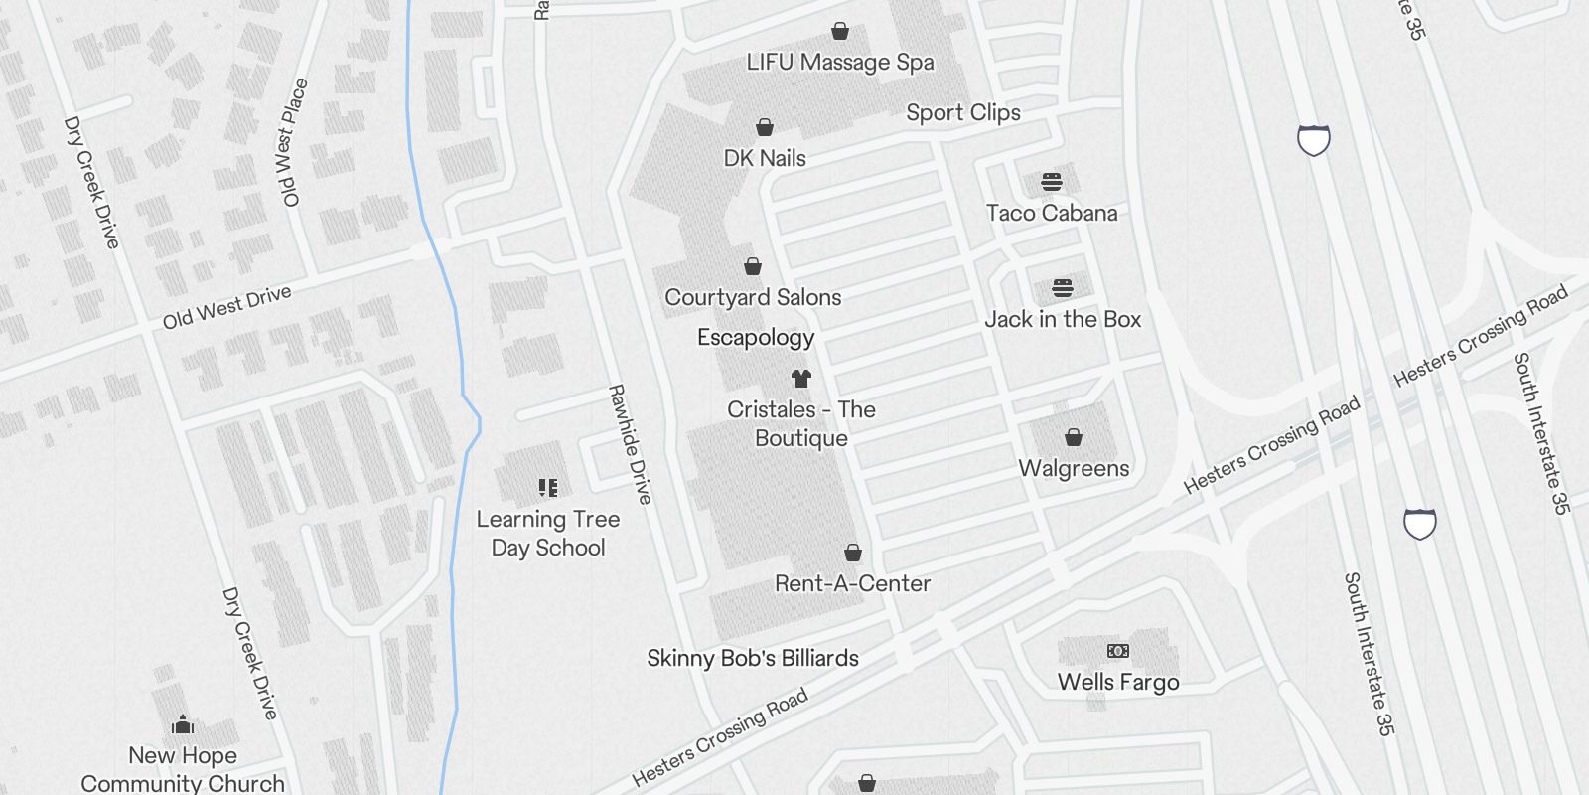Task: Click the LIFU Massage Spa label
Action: (840, 63)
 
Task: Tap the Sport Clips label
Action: (962, 113)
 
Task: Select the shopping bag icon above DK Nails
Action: (765, 127)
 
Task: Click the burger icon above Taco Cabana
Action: (1052, 182)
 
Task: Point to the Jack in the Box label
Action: (1063, 320)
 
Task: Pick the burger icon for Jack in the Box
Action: (1063, 288)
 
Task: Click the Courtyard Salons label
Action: (753, 297)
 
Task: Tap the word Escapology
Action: (756, 338)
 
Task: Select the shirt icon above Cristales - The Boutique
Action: (801, 378)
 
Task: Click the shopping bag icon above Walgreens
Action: (1074, 437)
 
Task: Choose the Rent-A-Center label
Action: (852, 583)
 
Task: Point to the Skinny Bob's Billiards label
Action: (753, 658)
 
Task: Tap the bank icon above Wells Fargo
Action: (1118, 651)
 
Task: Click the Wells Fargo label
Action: (1118, 682)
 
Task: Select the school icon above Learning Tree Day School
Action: (548, 488)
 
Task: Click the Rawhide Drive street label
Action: (631, 444)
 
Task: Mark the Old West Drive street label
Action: (227, 307)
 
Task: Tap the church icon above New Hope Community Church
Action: (182, 724)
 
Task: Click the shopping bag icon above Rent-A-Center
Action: (852, 553)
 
